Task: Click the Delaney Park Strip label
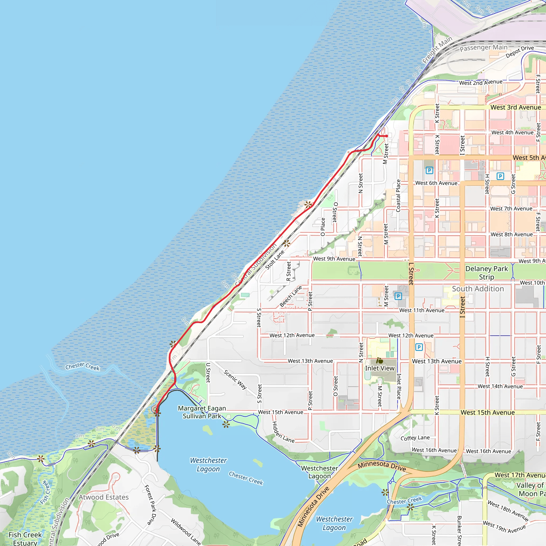(x=486, y=273)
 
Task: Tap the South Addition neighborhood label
(x=478, y=289)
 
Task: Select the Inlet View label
(x=380, y=368)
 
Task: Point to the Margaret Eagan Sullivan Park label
(x=202, y=412)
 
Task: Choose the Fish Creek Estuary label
(x=25, y=539)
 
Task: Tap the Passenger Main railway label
(x=483, y=48)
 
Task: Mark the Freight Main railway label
(x=437, y=50)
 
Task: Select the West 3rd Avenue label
(x=516, y=107)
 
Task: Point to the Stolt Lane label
(x=275, y=260)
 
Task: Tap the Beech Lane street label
(x=291, y=296)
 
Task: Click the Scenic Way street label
(x=235, y=380)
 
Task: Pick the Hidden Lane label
(x=283, y=432)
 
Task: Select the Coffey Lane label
(x=415, y=438)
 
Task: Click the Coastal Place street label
(x=398, y=196)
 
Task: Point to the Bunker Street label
(x=459, y=530)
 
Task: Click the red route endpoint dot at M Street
(x=387, y=136)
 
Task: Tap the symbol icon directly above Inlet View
(x=380, y=361)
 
